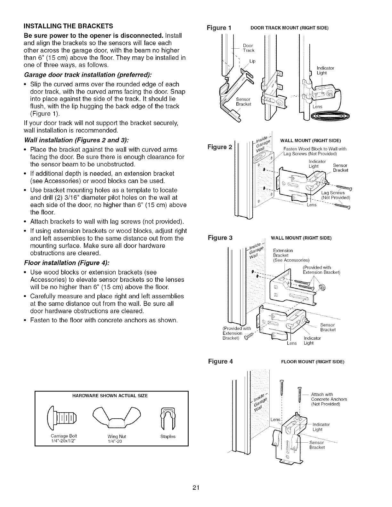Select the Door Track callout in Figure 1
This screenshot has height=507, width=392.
pyautogui.click(x=248, y=48)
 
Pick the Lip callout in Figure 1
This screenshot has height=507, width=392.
pyautogui.click(x=252, y=61)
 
